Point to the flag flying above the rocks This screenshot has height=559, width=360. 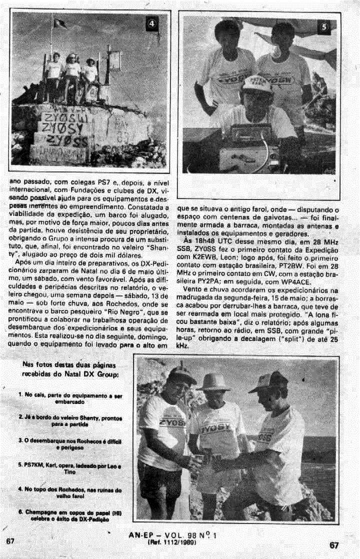(x=60, y=23)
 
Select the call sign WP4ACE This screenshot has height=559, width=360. (x=277, y=281)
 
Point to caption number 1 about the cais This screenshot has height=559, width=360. (x=69, y=398)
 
